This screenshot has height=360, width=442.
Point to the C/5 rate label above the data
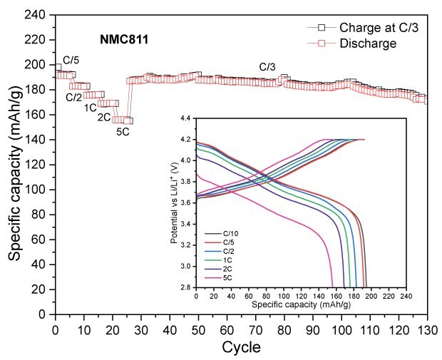[x=71, y=60]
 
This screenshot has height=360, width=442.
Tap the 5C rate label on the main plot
[x=123, y=130]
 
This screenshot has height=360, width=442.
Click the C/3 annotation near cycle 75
[x=267, y=67]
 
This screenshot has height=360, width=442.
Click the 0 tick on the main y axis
[x=46, y=314]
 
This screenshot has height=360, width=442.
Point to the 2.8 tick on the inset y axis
[x=187, y=287]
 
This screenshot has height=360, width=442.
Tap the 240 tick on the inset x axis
[x=405, y=294]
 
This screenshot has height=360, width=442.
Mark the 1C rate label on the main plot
[x=91, y=108]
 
